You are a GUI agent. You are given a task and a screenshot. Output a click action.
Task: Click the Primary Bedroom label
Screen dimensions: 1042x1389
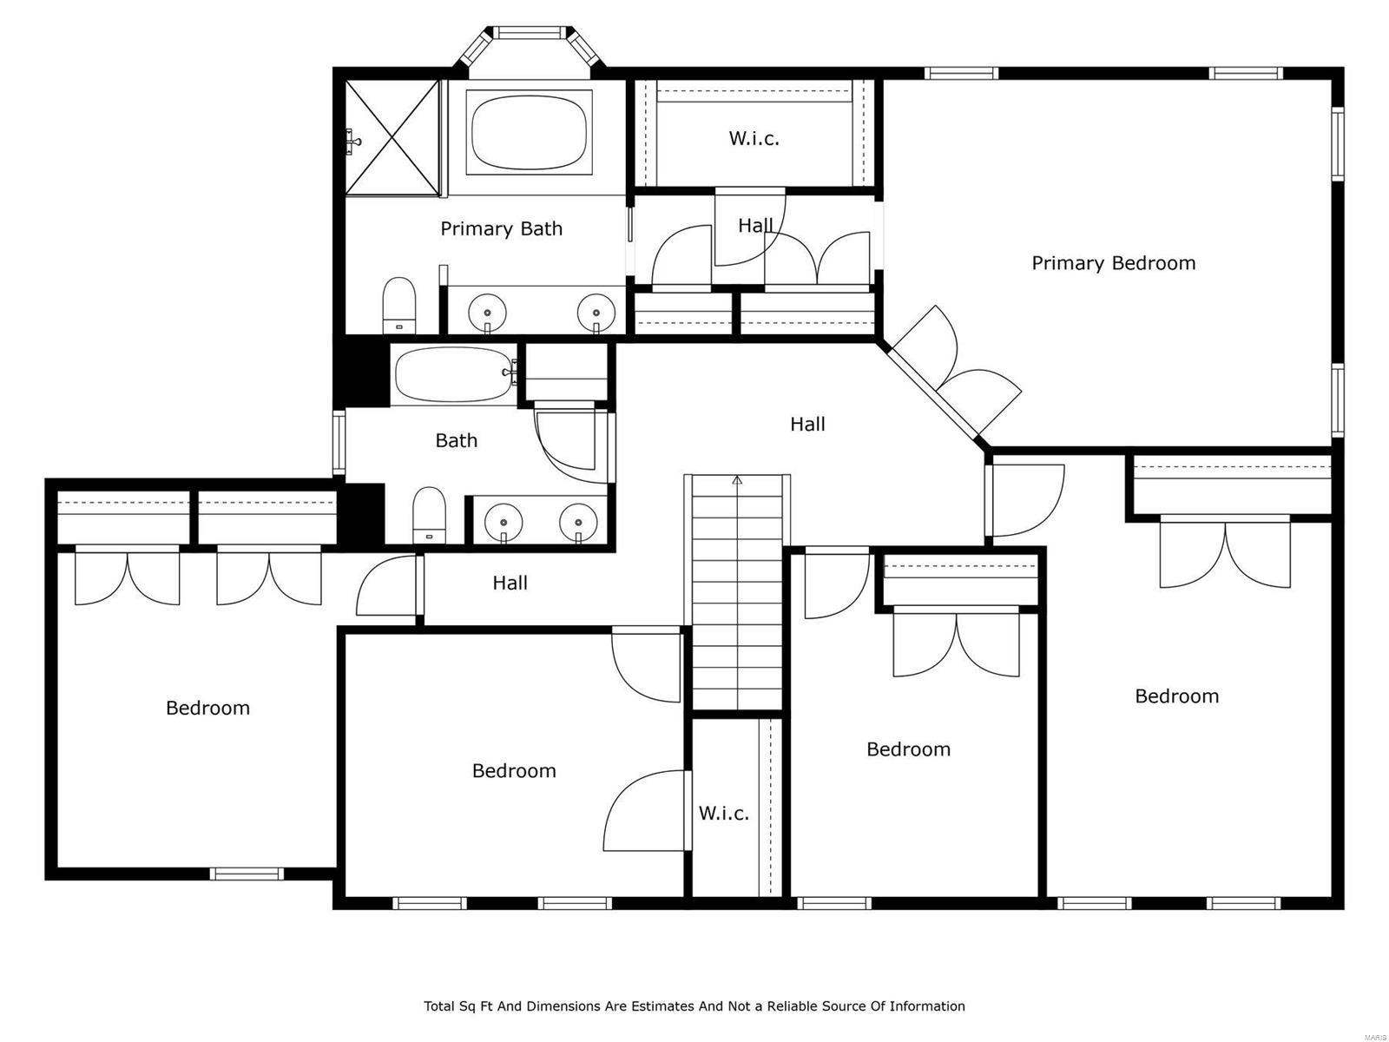[x=1113, y=263]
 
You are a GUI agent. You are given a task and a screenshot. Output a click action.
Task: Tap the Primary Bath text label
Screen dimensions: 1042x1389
[x=501, y=228]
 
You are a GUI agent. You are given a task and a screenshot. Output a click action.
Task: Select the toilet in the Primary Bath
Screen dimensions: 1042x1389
[x=399, y=304]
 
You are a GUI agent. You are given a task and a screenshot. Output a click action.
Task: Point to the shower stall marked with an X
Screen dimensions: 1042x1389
[x=392, y=138]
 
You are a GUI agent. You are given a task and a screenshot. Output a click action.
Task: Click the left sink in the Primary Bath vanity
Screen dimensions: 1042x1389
[x=487, y=311]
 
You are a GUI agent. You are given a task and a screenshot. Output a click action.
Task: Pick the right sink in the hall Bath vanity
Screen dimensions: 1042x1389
[x=578, y=523]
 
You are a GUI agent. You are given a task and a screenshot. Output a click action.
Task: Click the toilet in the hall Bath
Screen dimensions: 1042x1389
[x=428, y=514]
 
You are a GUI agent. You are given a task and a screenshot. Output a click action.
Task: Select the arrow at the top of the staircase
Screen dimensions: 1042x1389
[x=738, y=480]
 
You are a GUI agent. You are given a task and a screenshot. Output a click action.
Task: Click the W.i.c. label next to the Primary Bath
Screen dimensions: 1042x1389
[x=754, y=138]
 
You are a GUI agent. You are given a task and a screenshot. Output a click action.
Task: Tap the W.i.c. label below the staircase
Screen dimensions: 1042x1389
[x=723, y=814]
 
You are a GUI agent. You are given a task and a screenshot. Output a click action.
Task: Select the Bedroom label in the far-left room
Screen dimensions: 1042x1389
[x=207, y=708]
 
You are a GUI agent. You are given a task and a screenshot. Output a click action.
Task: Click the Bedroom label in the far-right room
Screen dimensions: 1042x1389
[x=1176, y=696]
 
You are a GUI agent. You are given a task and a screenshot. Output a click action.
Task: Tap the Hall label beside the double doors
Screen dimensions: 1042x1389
[x=807, y=424]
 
